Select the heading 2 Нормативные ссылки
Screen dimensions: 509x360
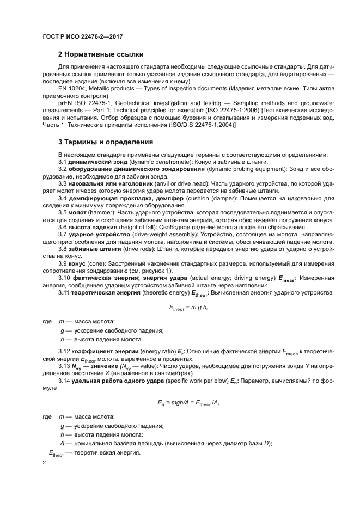101,54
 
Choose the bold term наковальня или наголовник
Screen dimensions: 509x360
109,183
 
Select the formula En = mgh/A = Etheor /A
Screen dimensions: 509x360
190,403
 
